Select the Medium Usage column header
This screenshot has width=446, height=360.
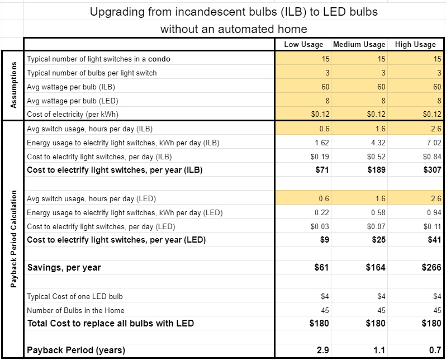[359, 45]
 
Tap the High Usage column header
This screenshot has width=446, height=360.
[415, 45]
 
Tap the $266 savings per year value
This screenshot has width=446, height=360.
[432, 268]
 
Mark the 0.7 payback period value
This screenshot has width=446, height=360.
[435, 350]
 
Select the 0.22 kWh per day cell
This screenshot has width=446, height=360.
[322, 212]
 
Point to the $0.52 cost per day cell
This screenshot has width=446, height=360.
[377, 157]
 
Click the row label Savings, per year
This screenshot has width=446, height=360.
[64, 268]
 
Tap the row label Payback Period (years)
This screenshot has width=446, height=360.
[77, 350]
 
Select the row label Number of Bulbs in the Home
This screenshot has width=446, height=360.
[75, 310]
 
